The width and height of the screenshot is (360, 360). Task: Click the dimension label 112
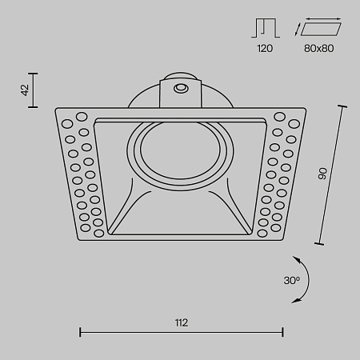pos(181,322)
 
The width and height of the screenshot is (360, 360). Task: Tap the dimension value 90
pos(323,174)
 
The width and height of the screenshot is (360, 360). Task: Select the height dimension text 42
pos(25,90)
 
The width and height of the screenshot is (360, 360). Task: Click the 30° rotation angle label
pos(291,280)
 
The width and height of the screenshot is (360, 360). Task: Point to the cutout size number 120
pos(265,49)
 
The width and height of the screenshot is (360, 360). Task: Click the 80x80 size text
pos(320,49)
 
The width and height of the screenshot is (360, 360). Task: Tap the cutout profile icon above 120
pos(265,29)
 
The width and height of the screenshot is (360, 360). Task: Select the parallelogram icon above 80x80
pos(321,29)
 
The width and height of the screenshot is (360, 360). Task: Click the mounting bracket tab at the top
pos(181,91)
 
